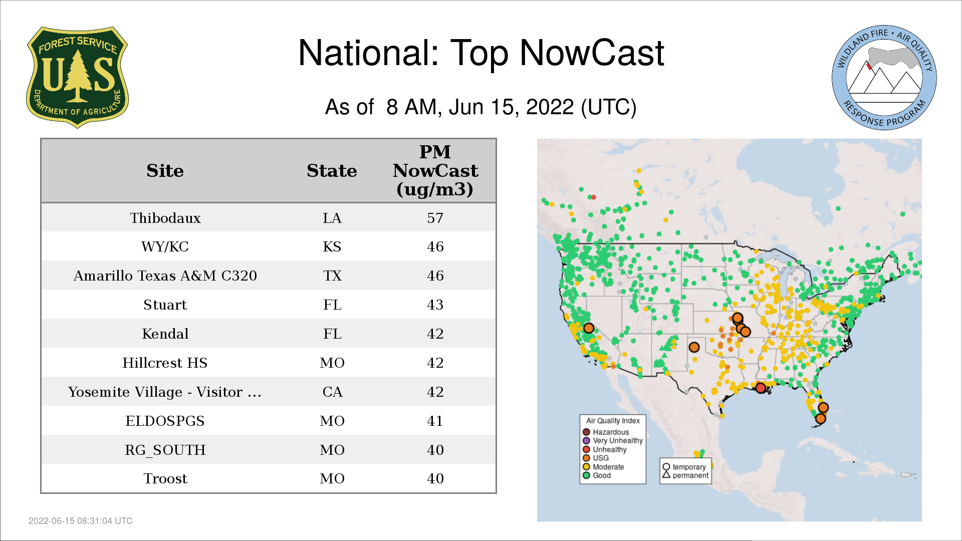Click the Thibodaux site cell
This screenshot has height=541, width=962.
pos(165,218)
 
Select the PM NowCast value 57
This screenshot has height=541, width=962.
pos(435,218)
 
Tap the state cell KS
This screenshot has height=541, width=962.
pos(332,246)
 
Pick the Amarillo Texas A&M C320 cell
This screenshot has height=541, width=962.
pos(165,276)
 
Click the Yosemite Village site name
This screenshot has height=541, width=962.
pos(165,392)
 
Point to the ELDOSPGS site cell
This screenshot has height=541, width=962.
pos(165,421)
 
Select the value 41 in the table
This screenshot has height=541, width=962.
pos(435,421)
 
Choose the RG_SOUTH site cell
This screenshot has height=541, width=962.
pos(165,450)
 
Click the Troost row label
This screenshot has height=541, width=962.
pos(165,479)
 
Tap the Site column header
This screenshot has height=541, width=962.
pos(165,171)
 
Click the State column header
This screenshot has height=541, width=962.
pos(332,171)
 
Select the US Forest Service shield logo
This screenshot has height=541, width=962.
pos(77,77)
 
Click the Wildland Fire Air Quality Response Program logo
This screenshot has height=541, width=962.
pos(884,78)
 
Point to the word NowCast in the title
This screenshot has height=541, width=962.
pos(592,53)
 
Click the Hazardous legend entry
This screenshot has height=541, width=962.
pos(606,432)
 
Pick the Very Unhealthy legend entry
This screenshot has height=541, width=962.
pos(613,441)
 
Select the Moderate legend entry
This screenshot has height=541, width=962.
pos(603,467)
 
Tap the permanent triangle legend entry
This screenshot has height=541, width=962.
pos(685,475)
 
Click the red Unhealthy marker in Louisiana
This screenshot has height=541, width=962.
pos(761,388)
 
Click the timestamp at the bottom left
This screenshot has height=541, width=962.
pos(81,521)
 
